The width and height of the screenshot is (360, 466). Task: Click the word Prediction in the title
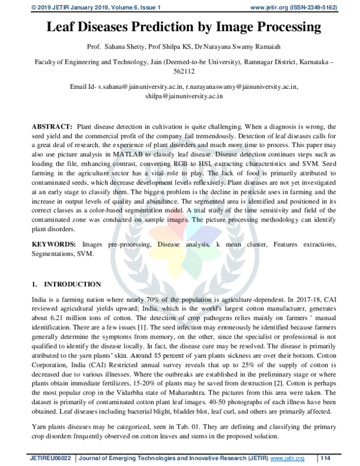(173, 26)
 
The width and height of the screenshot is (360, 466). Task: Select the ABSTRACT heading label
(50, 127)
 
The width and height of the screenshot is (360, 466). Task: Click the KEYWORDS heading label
(53, 245)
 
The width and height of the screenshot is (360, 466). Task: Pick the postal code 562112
(180, 70)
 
